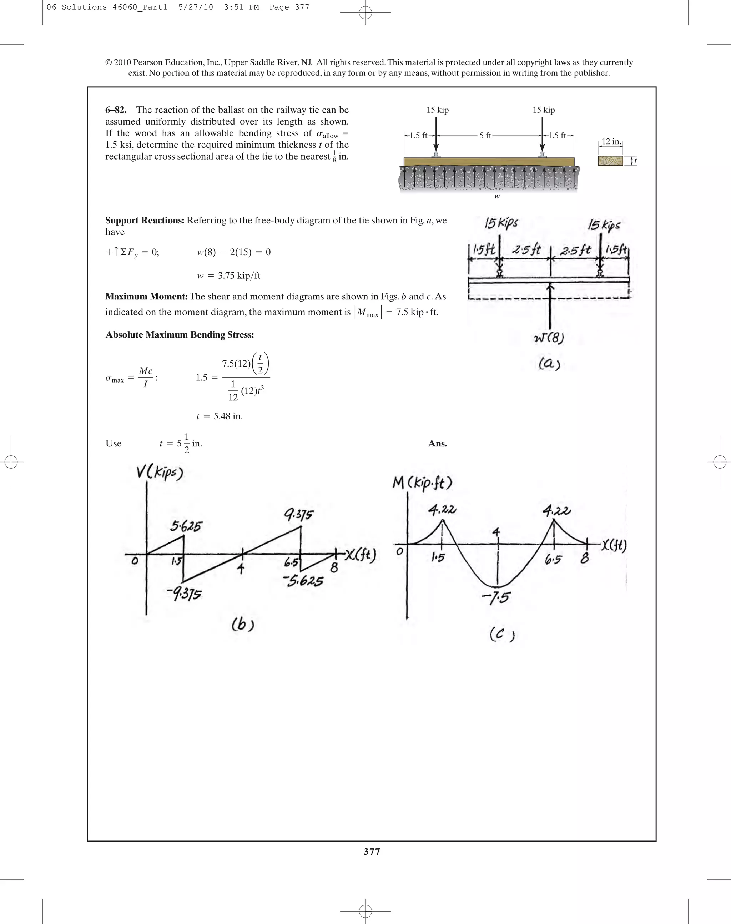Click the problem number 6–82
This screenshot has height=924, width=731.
point(116,110)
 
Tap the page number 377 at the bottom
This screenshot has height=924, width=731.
point(372,851)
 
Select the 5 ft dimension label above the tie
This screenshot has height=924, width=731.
point(485,136)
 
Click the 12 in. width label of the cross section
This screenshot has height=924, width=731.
point(611,142)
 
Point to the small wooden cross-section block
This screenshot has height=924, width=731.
point(610,161)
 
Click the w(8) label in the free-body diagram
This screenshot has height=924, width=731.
point(549,338)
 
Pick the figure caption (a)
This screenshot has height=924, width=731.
point(549,364)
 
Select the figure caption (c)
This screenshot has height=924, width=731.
point(501,634)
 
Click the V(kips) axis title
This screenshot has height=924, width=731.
point(160,473)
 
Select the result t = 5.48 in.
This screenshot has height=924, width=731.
point(220,416)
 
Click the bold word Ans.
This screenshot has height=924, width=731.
point(437,443)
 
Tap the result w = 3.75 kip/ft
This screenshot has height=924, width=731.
point(228,276)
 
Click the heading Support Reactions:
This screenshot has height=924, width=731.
point(145,221)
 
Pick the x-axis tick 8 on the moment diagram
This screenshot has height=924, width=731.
point(585,558)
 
